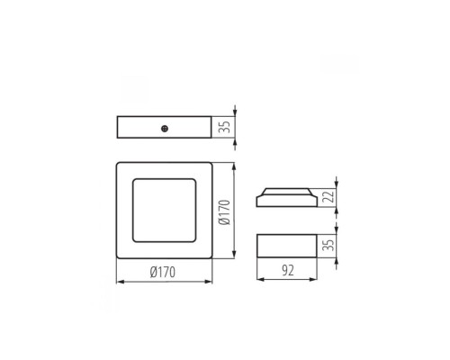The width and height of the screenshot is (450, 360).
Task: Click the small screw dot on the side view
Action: click(166, 128)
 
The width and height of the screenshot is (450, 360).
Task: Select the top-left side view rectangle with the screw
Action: click(164, 127)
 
